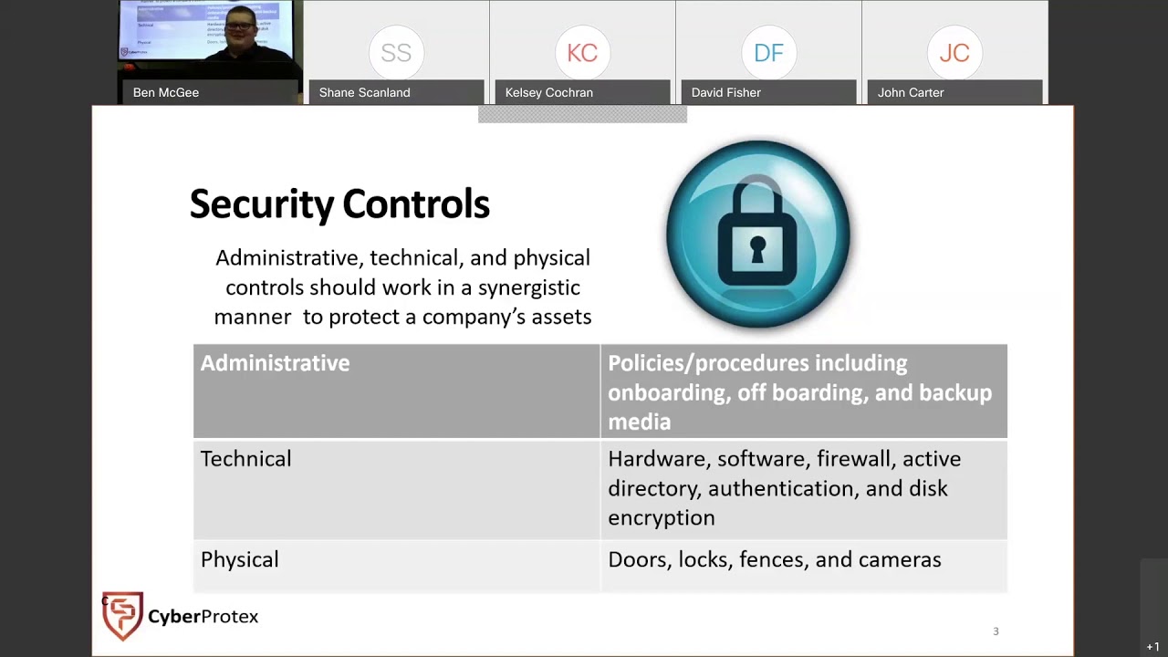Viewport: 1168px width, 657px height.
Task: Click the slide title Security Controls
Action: pyautogui.click(x=339, y=204)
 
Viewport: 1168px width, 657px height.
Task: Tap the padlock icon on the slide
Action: pyautogui.click(x=757, y=234)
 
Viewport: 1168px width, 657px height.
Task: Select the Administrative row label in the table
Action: pyautogui.click(x=275, y=363)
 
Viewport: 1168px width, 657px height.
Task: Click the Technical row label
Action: pyautogui.click(x=245, y=459)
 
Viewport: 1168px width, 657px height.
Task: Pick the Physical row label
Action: pyautogui.click(x=239, y=560)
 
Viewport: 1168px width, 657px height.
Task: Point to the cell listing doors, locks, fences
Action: pyautogui.click(x=774, y=560)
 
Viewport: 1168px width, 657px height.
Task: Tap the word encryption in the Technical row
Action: pyautogui.click(x=661, y=518)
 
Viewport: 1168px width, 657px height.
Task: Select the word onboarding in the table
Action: pyautogui.click(x=662, y=393)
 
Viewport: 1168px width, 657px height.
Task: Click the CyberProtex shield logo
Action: pyautogui.click(x=122, y=616)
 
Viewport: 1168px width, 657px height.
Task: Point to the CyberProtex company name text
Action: pyautogui.click(x=203, y=617)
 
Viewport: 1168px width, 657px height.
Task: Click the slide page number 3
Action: pyautogui.click(x=996, y=631)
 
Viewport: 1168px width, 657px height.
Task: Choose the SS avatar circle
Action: pyautogui.click(x=396, y=53)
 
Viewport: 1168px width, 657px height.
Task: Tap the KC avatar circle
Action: pyautogui.click(x=582, y=53)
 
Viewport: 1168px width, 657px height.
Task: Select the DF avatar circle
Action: pyautogui.click(x=768, y=53)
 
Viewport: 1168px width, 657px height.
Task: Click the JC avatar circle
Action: pyautogui.click(x=954, y=53)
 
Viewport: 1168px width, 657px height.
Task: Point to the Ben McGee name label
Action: pyautogui.click(x=166, y=92)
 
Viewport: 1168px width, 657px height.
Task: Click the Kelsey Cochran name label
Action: pyautogui.click(x=549, y=92)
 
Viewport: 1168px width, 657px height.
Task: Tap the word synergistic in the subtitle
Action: pyautogui.click(x=528, y=287)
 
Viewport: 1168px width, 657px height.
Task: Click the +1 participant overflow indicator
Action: pyautogui.click(x=1153, y=647)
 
